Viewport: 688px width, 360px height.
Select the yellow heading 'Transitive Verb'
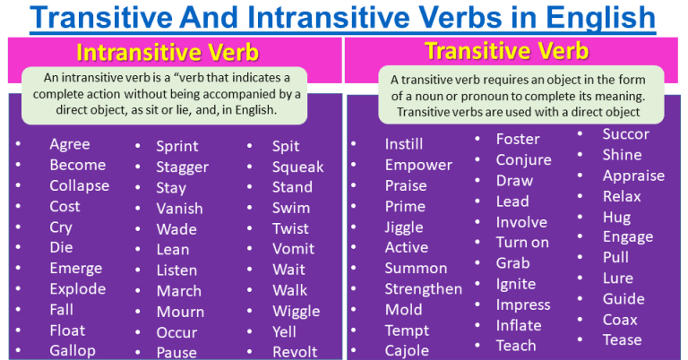coord(506,50)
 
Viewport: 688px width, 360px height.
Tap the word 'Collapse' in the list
coord(80,186)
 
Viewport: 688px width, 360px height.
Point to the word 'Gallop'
coord(73,350)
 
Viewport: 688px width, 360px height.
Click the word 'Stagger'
coord(183,167)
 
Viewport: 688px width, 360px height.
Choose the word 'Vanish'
coord(180,209)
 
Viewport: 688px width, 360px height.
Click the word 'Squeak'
coord(298,167)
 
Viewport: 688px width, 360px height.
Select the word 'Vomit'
coord(294,249)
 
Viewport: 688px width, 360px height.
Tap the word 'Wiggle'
coord(297,312)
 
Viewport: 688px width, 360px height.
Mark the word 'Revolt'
coord(296,352)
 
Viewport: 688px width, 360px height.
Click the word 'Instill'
coord(404,144)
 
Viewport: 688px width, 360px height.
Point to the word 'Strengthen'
coord(424,289)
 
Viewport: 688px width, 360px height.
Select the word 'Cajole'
coord(407,351)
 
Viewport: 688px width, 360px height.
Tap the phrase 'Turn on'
coord(523,243)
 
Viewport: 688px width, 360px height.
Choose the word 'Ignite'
coord(516,284)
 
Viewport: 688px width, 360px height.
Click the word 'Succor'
coord(626,134)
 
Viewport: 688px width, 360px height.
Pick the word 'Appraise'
coord(633,176)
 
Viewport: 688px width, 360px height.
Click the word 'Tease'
coord(623,339)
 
